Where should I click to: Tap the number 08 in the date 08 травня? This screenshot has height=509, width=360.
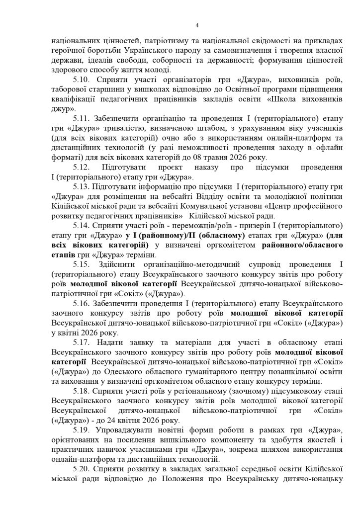tap(210, 158)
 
